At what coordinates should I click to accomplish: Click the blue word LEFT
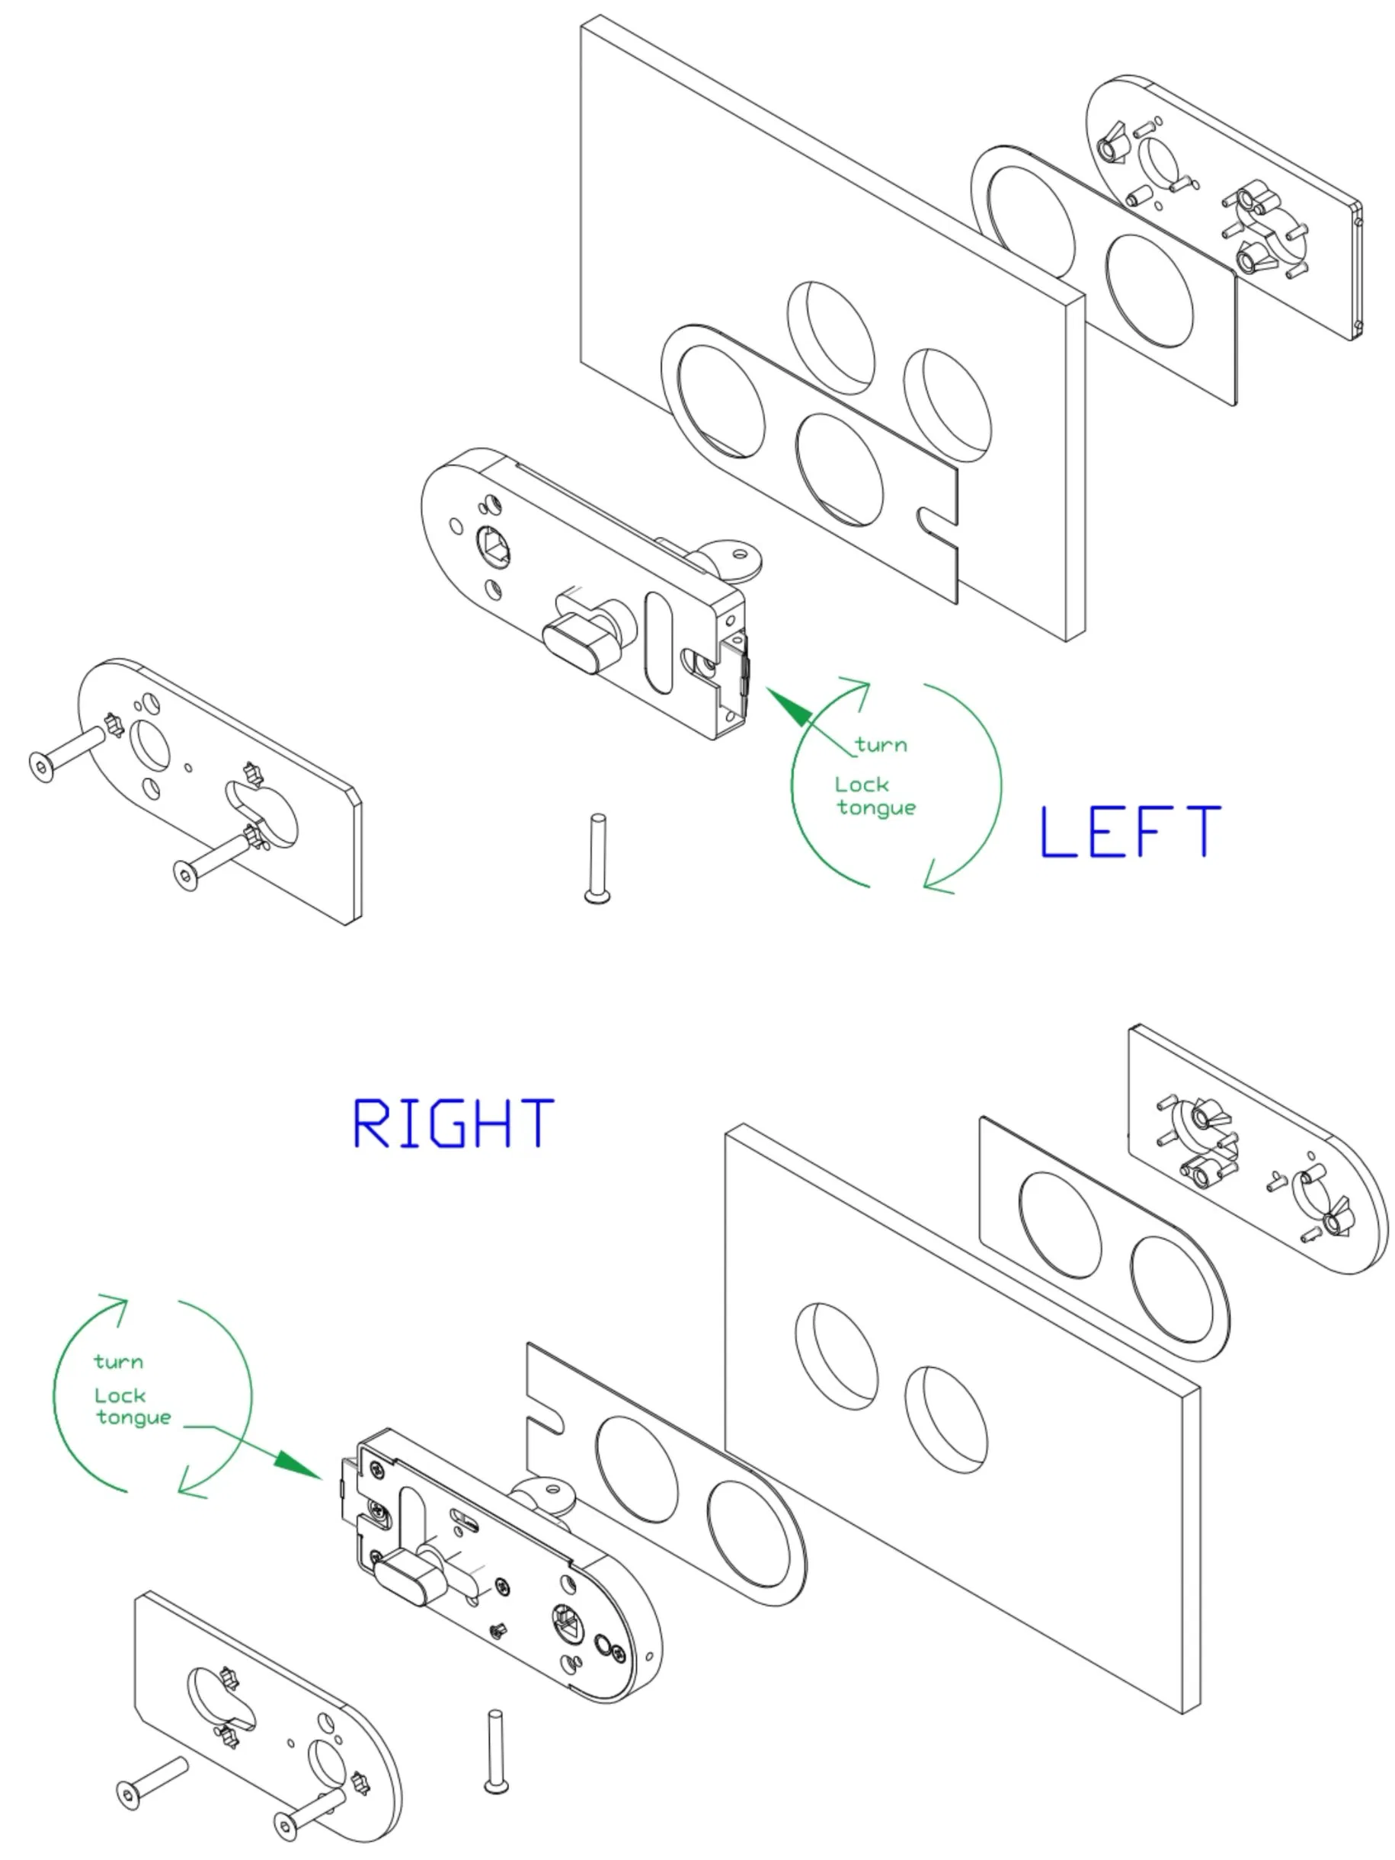click(x=1131, y=832)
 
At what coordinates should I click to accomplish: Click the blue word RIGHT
click(x=453, y=1123)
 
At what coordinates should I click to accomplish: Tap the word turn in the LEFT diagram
click(x=881, y=744)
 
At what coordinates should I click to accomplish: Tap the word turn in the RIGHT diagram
click(x=119, y=1361)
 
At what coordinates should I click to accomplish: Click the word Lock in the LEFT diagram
click(x=861, y=785)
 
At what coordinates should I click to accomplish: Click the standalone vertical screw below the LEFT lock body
click(x=597, y=858)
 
